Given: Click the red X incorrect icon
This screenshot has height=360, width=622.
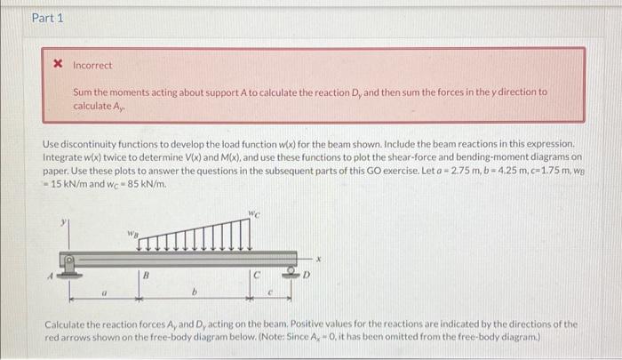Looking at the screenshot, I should (59, 65).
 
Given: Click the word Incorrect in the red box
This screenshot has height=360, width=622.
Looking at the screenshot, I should (92, 66).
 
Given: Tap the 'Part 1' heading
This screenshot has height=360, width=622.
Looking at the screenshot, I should (47, 18).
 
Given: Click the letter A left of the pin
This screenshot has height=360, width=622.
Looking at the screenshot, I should (52, 276).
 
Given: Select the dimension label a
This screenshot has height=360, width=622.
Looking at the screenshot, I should (105, 291).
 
